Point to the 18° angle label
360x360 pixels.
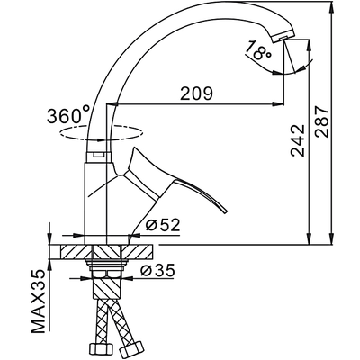click(x=261, y=53)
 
